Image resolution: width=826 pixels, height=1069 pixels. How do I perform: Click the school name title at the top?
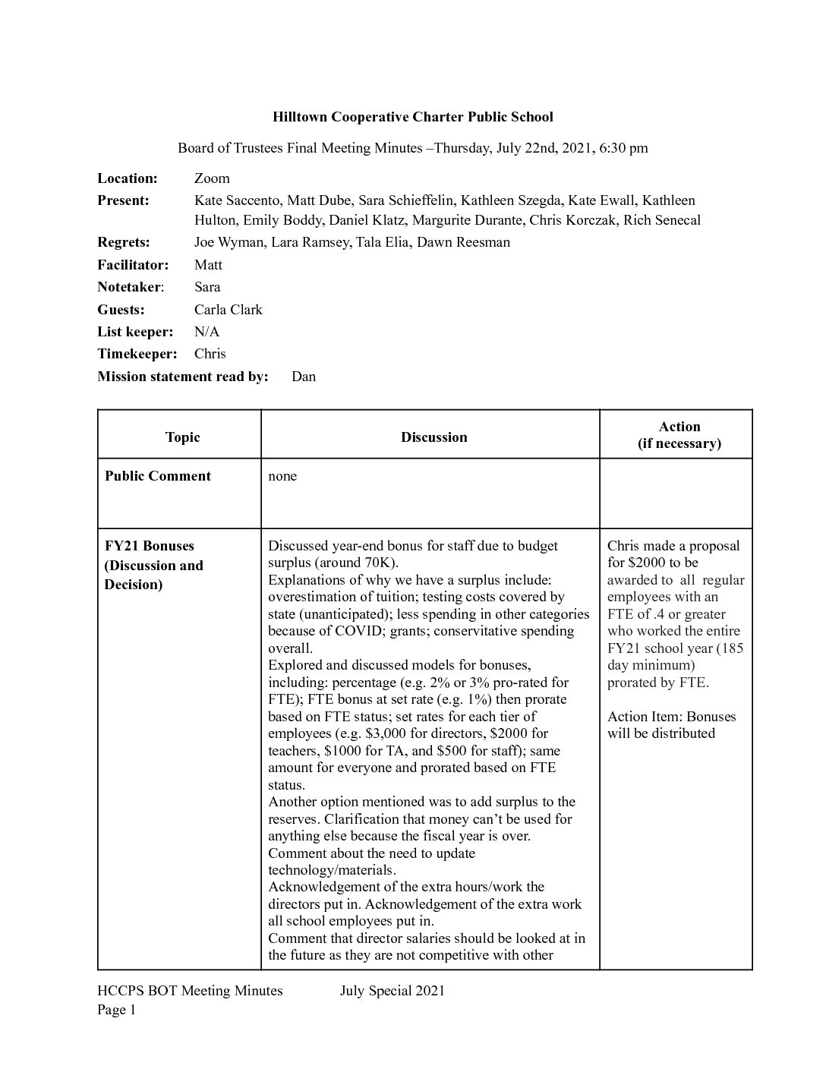pos(413,117)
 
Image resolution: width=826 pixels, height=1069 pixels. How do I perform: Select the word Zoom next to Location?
pos(212,178)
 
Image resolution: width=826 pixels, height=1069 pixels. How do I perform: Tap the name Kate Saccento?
pos(236,200)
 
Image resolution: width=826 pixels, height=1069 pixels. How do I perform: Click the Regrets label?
pos(124,242)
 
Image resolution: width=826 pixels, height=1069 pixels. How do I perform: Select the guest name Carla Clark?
pos(228,310)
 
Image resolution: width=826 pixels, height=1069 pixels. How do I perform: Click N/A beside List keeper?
pos(206,332)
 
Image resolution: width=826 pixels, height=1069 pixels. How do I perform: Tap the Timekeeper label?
pos(137,354)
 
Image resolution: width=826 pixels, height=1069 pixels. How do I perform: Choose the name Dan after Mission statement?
pos(304,377)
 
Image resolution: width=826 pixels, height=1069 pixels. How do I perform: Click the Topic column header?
pos(182,437)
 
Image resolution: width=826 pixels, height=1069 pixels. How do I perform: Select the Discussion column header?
pos(433,437)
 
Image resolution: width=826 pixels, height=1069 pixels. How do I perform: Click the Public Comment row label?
pos(158,476)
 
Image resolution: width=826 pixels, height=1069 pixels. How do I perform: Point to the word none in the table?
pos(282,476)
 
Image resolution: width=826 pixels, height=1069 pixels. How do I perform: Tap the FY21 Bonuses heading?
pos(150,546)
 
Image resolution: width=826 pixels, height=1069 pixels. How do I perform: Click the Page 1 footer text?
pos(116,1010)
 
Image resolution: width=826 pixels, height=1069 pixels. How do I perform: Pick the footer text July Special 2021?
pos(393,991)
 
